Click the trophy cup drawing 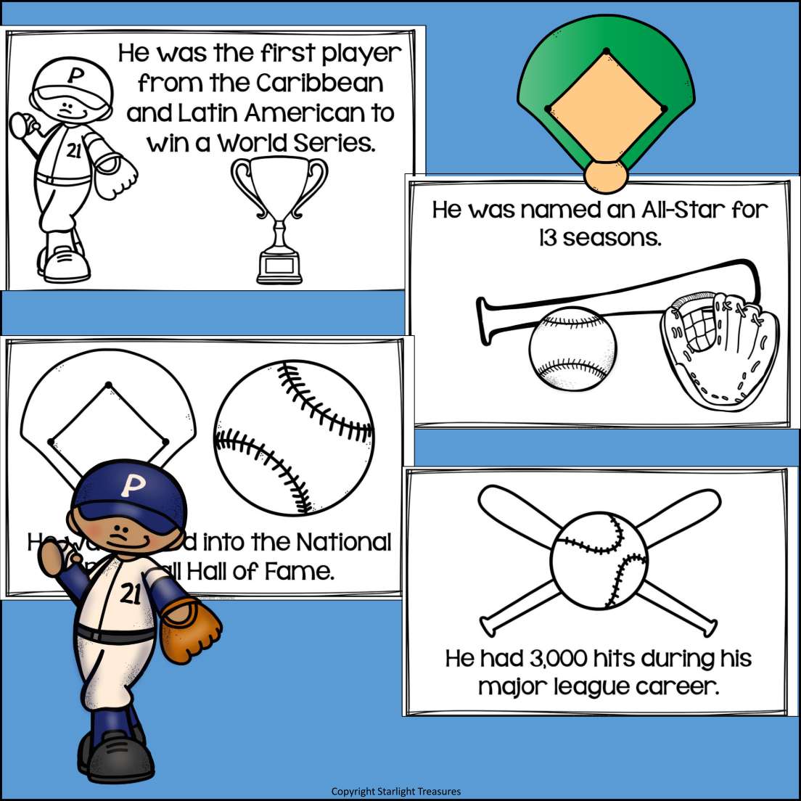(x=279, y=218)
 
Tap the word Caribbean (x=319, y=83)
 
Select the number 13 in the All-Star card (x=549, y=238)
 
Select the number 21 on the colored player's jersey (x=131, y=593)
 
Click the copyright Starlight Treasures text (x=395, y=791)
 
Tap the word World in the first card (x=252, y=143)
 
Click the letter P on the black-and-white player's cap (x=73, y=75)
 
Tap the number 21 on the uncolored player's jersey (x=73, y=151)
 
